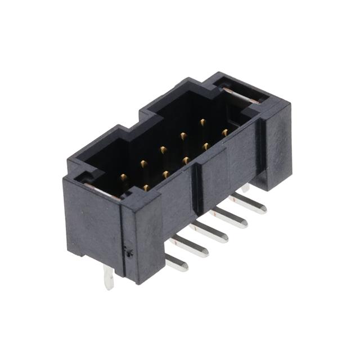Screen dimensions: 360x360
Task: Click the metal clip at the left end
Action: (x=101, y=189)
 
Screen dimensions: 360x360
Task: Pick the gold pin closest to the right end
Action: (x=224, y=133)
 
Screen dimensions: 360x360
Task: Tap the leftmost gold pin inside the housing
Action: (x=123, y=178)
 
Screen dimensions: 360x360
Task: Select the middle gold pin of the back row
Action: (x=163, y=150)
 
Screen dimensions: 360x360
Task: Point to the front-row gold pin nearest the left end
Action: (x=146, y=187)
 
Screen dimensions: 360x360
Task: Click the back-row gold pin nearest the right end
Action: (x=202, y=121)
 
